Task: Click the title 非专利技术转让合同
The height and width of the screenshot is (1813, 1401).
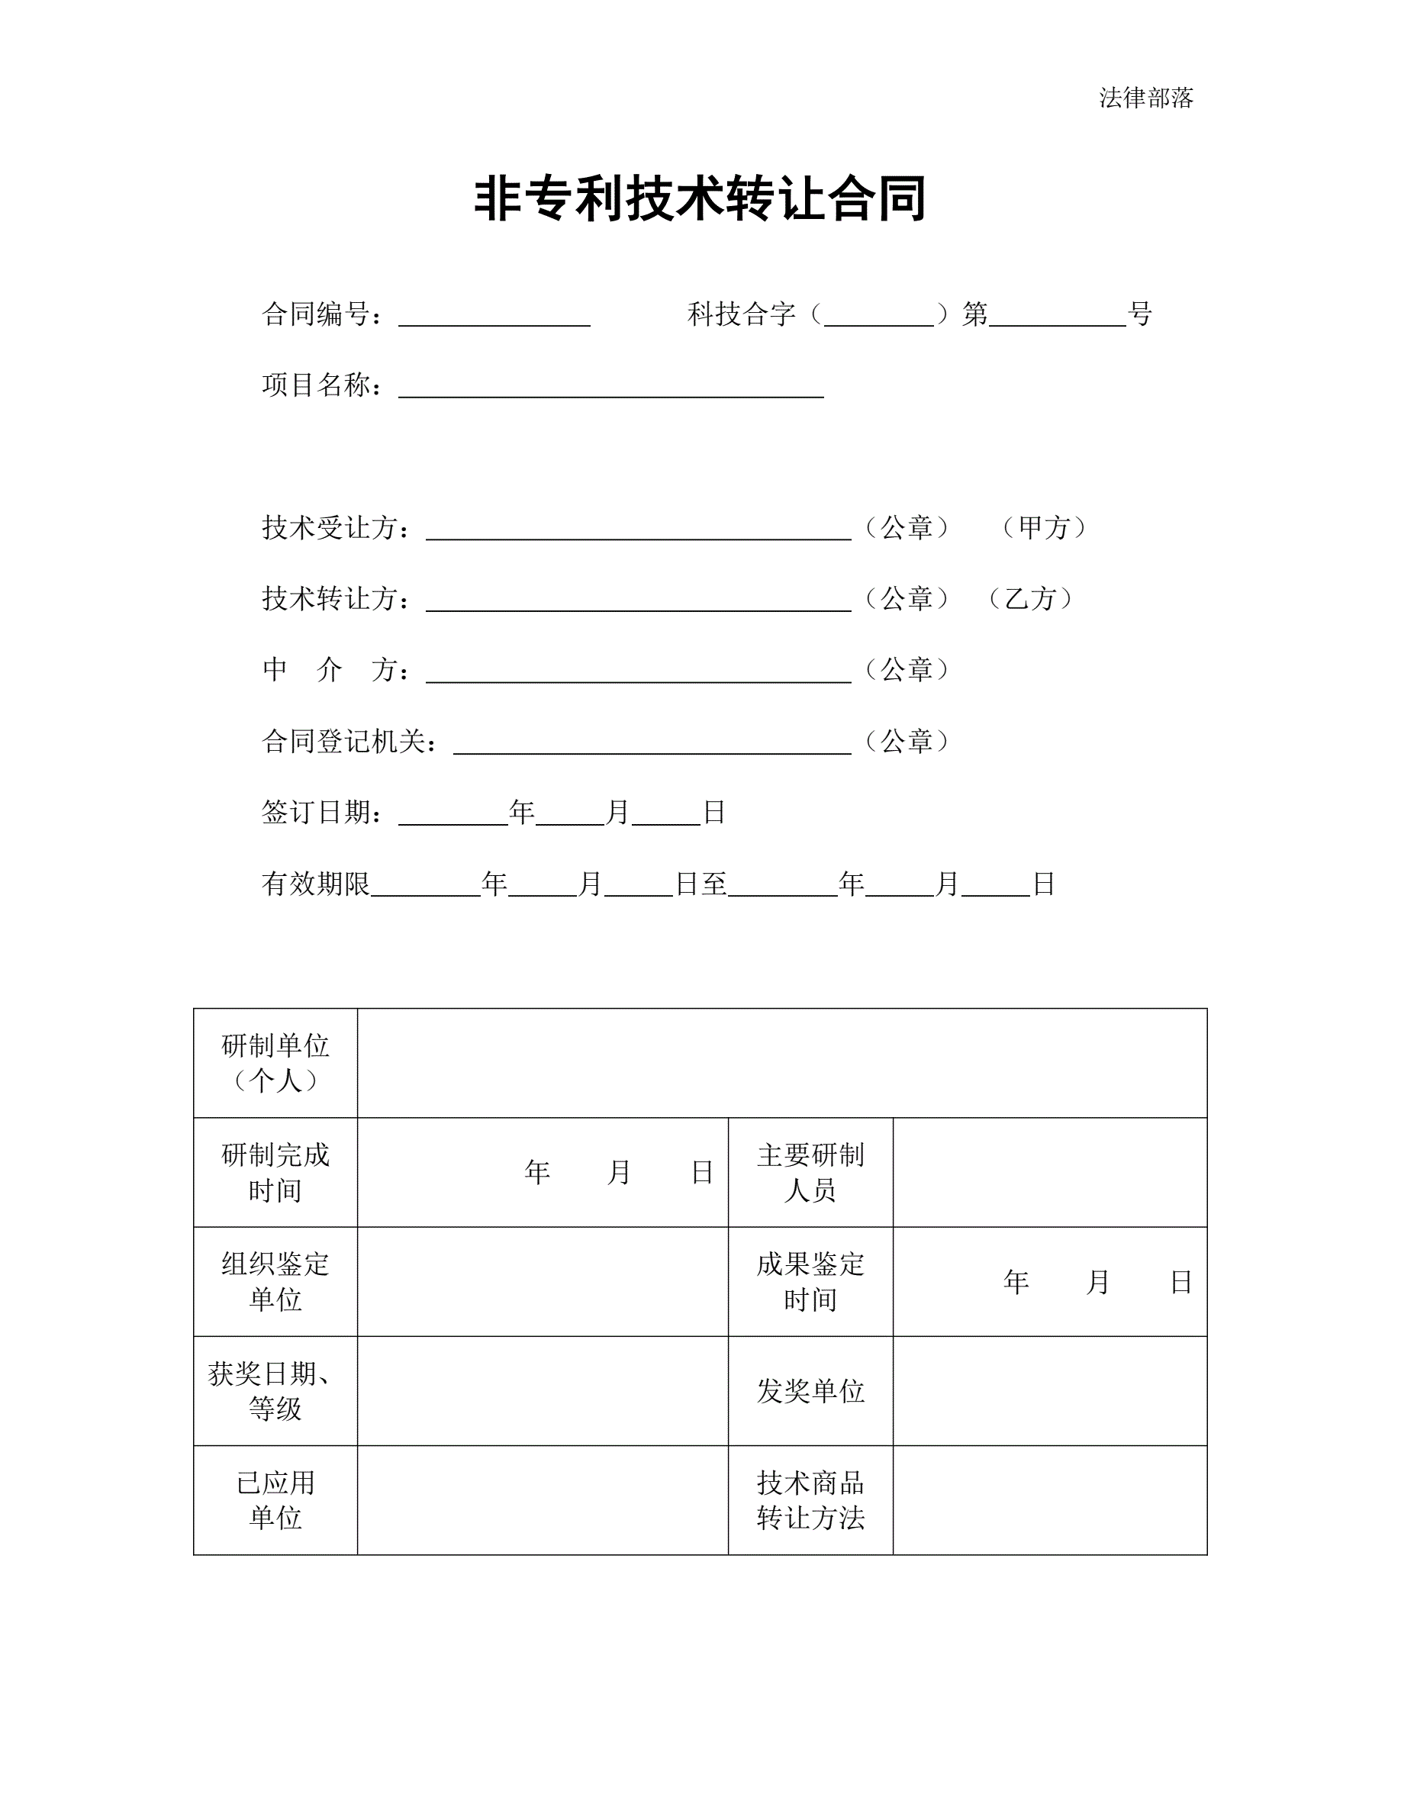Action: coord(700,199)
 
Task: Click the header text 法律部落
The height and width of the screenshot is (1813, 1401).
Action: coord(1145,98)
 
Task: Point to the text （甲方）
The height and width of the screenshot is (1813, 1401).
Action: coord(1043,527)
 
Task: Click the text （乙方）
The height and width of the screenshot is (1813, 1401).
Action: coord(1030,598)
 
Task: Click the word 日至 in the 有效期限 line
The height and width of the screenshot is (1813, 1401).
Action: coord(701,884)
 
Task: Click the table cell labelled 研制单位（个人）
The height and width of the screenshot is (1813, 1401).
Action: coord(275,1063)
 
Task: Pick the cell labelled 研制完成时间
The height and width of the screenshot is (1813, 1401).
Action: coord(275,1172)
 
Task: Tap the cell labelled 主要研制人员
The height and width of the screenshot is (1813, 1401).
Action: coord(810,1172)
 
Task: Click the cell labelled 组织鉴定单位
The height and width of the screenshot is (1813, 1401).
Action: coord(275,1282)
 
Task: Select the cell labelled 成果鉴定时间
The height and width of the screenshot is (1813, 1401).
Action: coord(810,1282)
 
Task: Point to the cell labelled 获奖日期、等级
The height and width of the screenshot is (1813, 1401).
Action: coord(275,1391)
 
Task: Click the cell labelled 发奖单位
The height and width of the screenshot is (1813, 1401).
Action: coord(810,1391)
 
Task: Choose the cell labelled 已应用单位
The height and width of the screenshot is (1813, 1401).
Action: coord(275,1501)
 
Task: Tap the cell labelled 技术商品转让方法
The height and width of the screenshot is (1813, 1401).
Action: coord(810,1501)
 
